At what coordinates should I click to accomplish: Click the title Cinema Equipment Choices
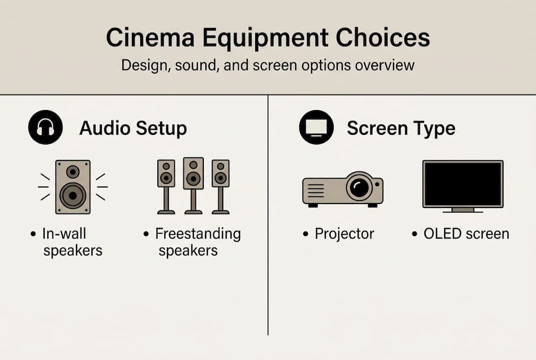(268, 38)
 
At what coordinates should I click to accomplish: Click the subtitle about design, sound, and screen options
(268, 65)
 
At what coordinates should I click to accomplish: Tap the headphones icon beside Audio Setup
(45, 127)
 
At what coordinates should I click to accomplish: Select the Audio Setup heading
(133, 128)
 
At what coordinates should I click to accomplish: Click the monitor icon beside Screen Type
(316, 127)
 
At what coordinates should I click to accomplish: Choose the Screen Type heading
(401, 128)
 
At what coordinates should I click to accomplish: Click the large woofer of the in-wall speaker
(73, 195)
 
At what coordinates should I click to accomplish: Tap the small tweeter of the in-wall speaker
(73, 172)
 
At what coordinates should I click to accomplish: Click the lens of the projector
(359, 187)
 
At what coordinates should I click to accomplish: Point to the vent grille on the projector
(316, 190)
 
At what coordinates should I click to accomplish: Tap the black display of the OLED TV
(463, 183)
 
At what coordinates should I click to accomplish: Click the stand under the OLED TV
(463, 210)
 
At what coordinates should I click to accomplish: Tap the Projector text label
(344, 233)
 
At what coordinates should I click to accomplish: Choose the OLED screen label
(466, 233)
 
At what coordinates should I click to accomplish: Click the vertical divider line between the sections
(268, 215)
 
